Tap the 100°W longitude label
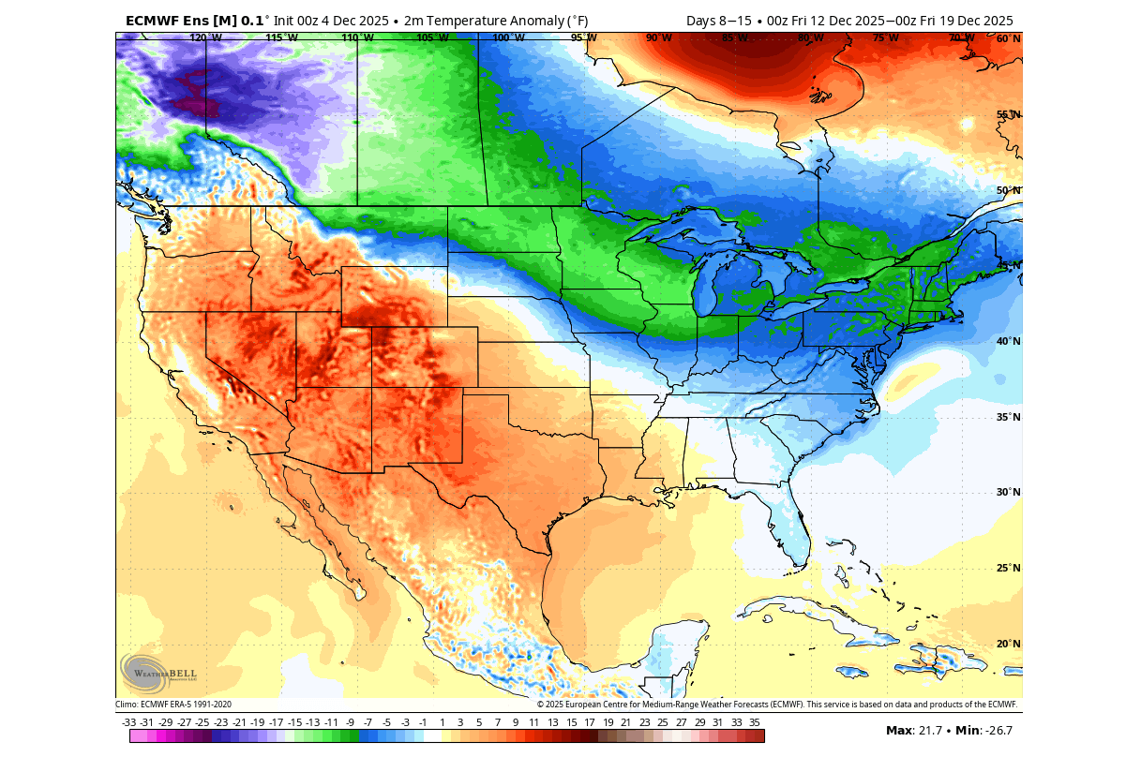pos(507,38)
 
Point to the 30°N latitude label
pos(1007,493)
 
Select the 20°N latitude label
pos(1007,645)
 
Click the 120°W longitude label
pos(204,38)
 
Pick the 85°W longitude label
pos(734,38)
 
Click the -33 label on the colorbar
pos(129,722)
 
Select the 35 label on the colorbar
pos(755,722)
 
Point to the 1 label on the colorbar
pos(442,722)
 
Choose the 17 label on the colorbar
pos(589,722)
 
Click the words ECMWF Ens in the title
pos(166,21)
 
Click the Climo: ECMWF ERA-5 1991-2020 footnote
pos(173,705)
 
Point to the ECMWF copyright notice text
pos(777,705)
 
